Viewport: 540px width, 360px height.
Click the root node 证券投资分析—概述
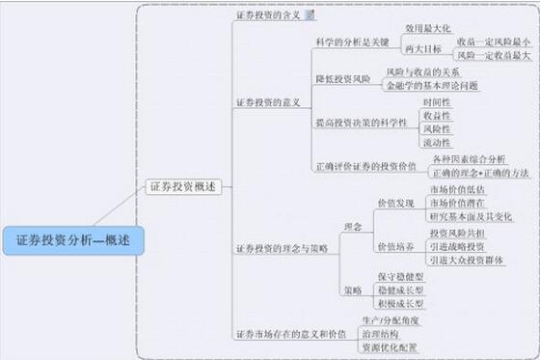73,237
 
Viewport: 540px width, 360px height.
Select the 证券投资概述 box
183,186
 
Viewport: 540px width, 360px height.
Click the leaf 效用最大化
427,29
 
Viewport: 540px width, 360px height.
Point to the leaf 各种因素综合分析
468,158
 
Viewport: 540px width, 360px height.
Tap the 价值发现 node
394,204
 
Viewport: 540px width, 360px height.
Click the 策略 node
353,290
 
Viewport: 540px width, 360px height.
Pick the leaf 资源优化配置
389,346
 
